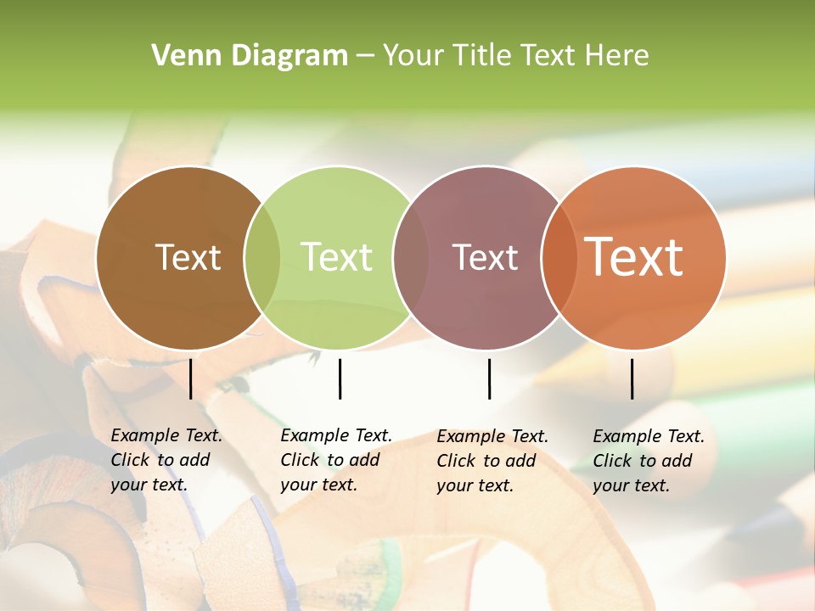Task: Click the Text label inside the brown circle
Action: tap(188, 258)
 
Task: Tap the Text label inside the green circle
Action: tap(337, 258)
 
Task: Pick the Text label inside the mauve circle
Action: tap(485, 258)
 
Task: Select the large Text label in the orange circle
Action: tap(634, 257)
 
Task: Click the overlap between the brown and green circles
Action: tap(262, 258)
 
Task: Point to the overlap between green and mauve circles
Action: tap(411, 258)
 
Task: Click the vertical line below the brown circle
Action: tap(191, 378)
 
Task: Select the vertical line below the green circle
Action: tap(340, 378)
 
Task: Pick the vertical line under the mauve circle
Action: tap(490, 378)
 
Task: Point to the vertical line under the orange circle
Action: tap(632, 378)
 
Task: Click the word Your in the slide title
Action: tap(414, 56)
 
